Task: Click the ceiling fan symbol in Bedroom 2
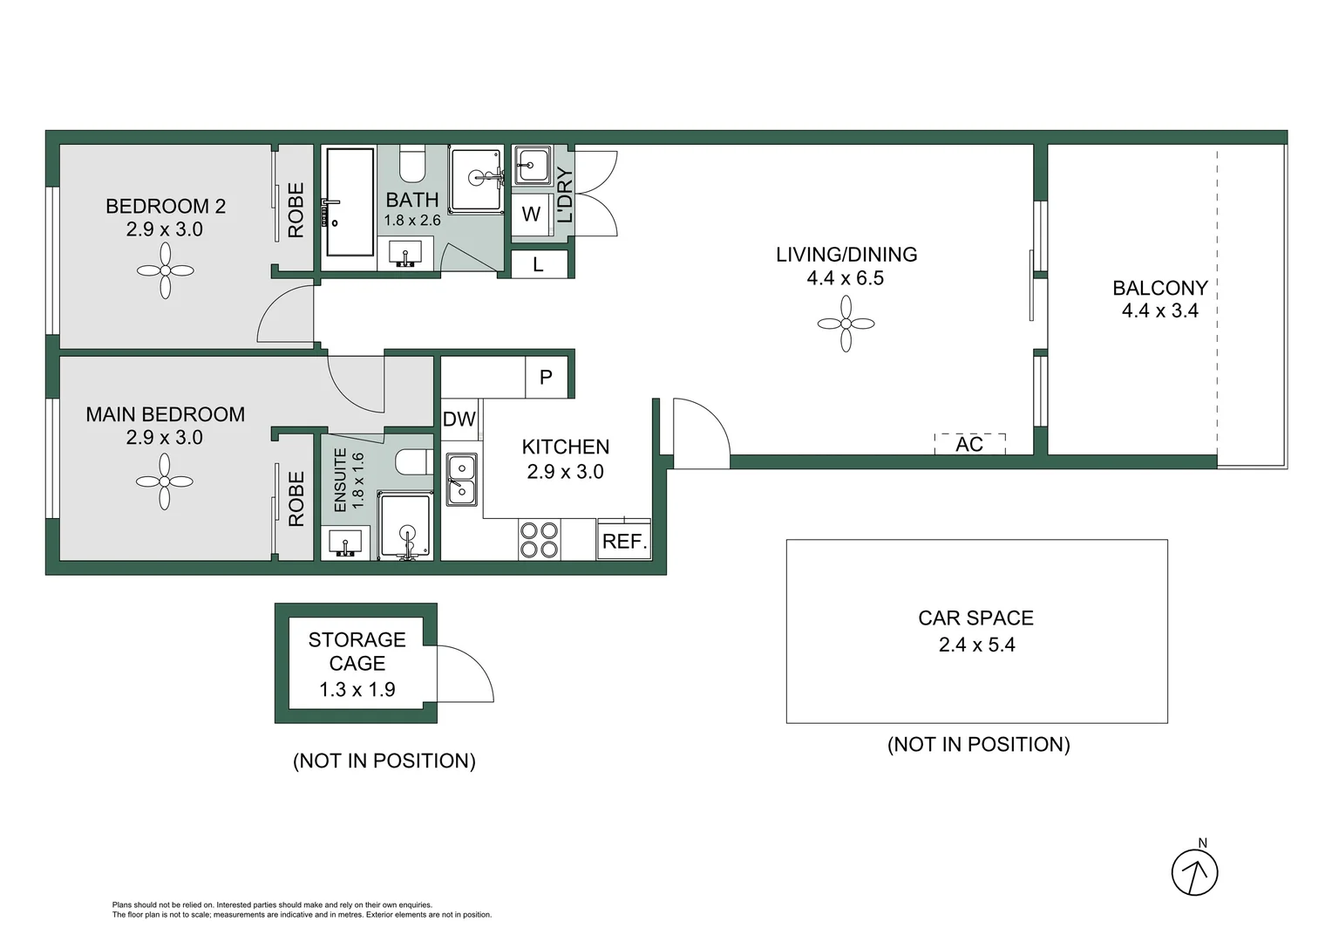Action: click(165, 270)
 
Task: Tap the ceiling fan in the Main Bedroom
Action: click(165, 481)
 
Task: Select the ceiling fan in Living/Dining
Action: click(846, 324)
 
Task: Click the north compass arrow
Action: click(1193, 871)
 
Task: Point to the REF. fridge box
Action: click(624, 541)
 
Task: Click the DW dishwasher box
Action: click(459, 420)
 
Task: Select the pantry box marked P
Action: click(546, 378)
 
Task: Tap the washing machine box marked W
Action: click(531, 215)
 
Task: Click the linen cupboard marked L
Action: click(538, 264)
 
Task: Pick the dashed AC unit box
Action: click(969, 444)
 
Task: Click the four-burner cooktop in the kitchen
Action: click(539, 539)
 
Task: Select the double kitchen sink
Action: click(461, 480)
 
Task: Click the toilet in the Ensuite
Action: click(414, 461)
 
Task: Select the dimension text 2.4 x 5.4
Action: click(976, 645)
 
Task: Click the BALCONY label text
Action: click(1159, 288)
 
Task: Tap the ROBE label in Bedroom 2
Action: click(296, 210)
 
